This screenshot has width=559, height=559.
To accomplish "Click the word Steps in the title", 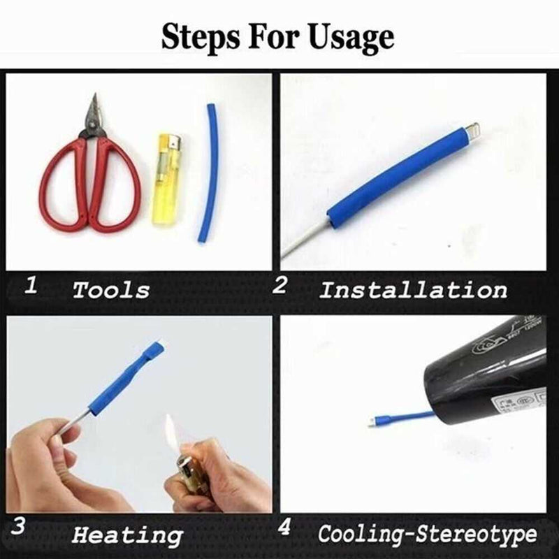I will click(x=199, y=36).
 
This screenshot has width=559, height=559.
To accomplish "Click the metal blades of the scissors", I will click(x=93, y=116).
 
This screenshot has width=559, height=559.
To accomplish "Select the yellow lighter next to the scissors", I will click(x=166, y=178).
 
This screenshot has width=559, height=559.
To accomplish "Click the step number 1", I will click(x=31, y=284).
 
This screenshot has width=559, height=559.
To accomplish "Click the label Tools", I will click(x=112, y=289).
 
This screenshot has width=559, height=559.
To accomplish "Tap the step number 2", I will click(x=279, y=284).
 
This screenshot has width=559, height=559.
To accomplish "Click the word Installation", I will click(x=413, y=289).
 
